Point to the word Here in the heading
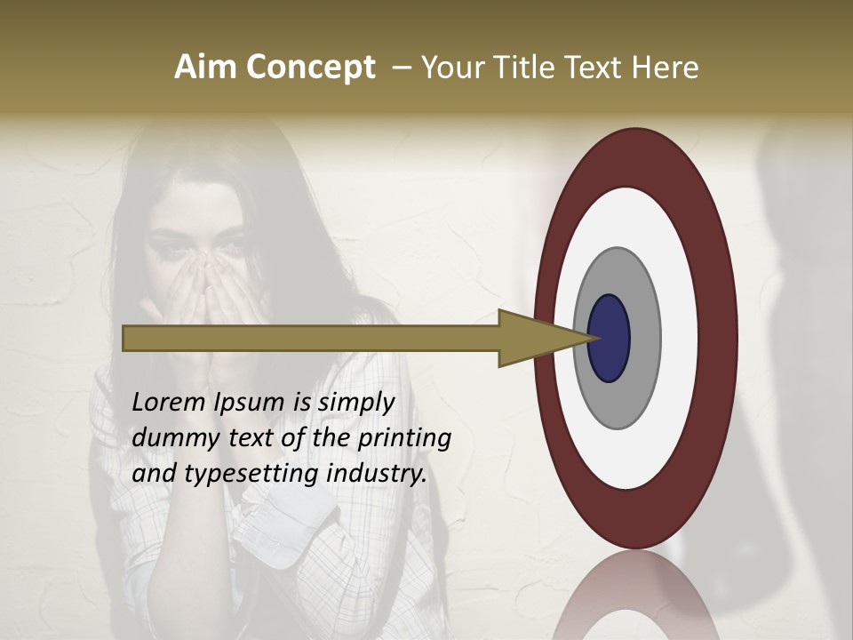(x=666, y=68)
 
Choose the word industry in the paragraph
(x=377, y=474)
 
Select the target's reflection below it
(x=636, y=596)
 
